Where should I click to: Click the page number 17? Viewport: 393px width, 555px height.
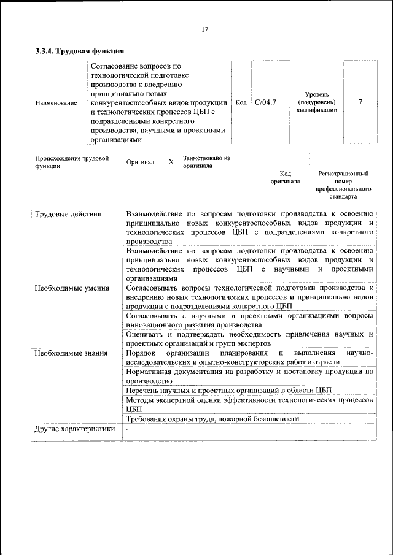204,29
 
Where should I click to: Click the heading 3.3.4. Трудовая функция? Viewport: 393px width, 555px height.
80,52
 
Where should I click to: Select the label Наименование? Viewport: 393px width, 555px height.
56,103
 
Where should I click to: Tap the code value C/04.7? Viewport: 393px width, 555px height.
265,102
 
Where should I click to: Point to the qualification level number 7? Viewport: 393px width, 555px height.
360,102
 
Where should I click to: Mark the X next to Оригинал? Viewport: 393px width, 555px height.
171,163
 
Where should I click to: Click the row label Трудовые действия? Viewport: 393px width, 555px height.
68,215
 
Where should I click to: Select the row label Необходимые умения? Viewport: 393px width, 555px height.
72,288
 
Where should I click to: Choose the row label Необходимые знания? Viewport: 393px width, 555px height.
71,353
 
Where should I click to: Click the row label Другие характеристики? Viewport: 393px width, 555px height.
74,429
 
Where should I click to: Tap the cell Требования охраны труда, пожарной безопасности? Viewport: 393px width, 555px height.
212,419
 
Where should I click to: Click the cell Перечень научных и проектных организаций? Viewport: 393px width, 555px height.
228,390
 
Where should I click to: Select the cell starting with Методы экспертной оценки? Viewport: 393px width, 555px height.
249,404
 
